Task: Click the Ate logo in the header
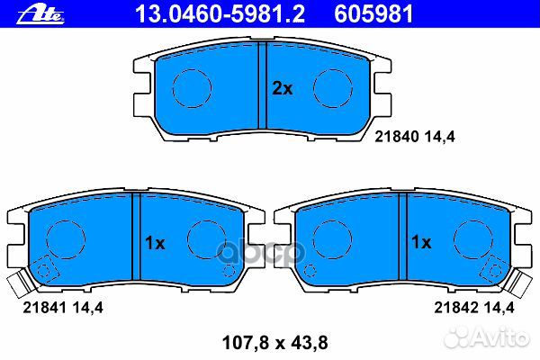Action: tap(40, 15)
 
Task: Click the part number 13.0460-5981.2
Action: tap(220, 14)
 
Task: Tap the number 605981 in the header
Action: tap(373, 14)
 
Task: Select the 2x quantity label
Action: tap(283, 88)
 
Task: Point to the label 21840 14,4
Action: tap(415, 137)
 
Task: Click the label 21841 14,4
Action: tap(63, 307)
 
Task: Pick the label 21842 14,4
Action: tap(474, 307)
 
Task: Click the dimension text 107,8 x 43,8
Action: tap(274, 343)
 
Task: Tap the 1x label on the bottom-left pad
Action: tap(155, 243)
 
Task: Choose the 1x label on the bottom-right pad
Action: tap(421, 242)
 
